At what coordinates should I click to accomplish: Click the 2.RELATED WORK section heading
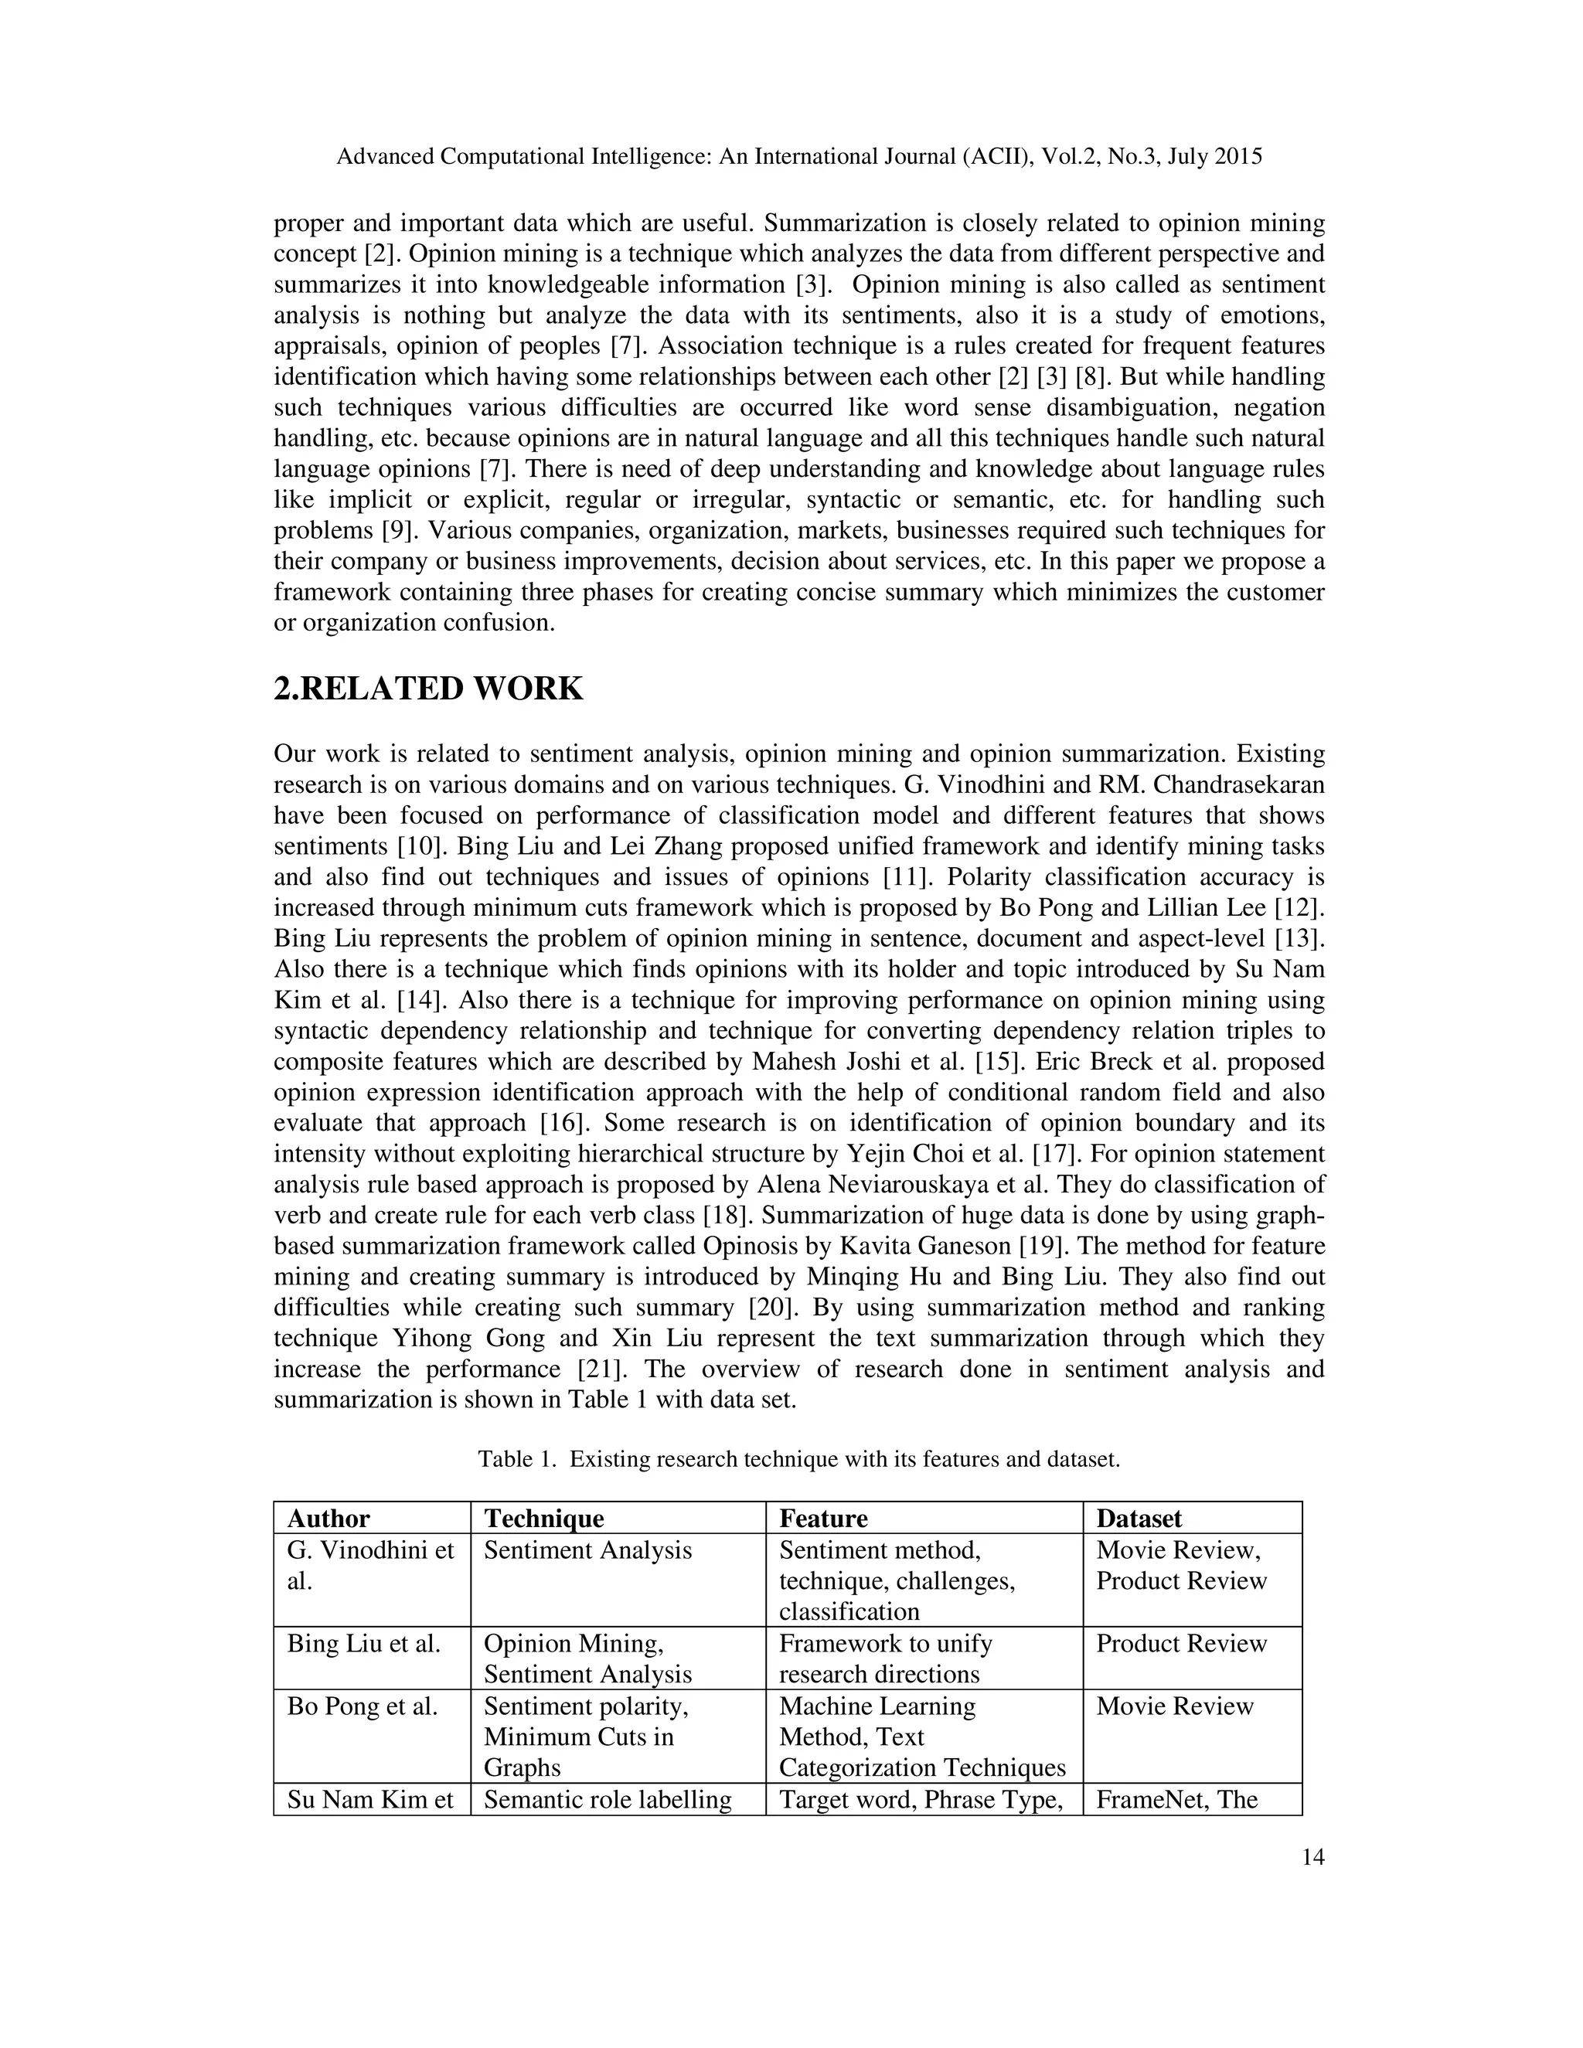click(x=427, y=689)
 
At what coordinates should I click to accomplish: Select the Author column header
click(x=329, y=1518)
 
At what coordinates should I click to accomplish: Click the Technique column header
click(x=544, y=1518)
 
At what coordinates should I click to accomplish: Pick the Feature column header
click(x=823, y=1518)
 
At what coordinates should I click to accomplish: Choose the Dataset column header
click(x=1139, y=1518)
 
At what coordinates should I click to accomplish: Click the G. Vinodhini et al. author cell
click(x=370, y=1565)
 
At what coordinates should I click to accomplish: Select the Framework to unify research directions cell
click(x=885, y=1658)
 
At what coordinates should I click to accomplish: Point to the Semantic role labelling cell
click(x=608, y=1799)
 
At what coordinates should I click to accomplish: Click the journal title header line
click(x=799, y=157)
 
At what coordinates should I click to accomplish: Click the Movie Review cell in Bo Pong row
click(x=1174, y=1706)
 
